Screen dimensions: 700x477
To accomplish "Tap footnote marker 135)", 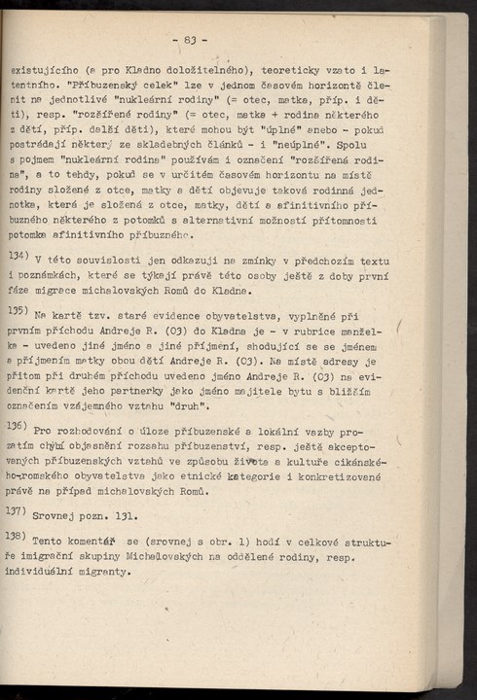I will tap(20, 311).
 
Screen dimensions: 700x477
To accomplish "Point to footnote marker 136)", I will tap(20, 425).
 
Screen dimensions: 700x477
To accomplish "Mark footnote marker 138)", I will tap(20, 537).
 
